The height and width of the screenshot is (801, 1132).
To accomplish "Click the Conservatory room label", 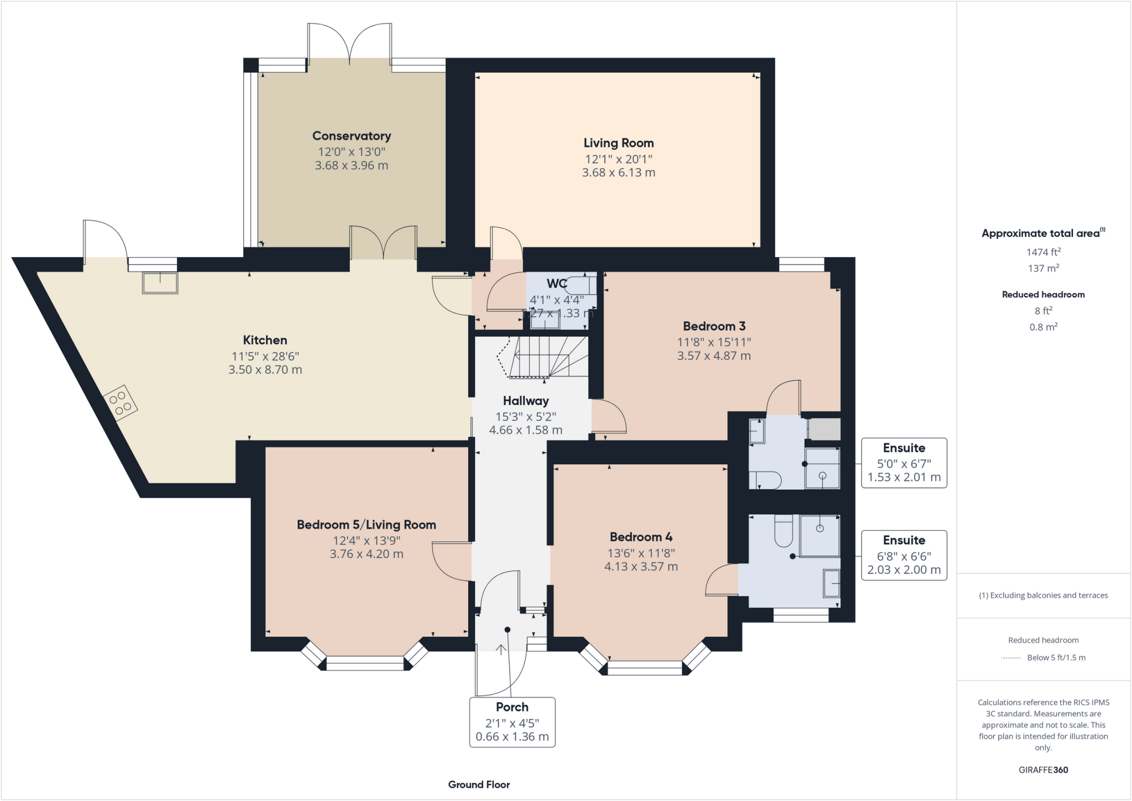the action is [x=352, y=136].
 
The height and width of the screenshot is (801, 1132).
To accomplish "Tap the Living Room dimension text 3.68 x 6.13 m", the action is [x=619, y=172].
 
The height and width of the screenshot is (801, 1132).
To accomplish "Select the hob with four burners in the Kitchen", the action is [x=120, y=402].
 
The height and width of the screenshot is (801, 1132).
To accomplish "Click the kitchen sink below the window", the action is [x=160, y=282].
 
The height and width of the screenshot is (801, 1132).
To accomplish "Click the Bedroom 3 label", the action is [x=714, y=326].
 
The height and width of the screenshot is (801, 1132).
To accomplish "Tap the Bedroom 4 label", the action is [x=641, y=537].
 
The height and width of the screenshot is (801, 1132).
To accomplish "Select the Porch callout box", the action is [x=512, y=723].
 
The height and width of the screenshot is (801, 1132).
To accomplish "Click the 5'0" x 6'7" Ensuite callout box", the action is [x=904, y=463].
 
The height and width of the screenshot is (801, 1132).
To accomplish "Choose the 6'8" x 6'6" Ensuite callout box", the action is [x=904, y=556].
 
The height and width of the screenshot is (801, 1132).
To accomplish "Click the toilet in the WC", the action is [x=580, y=285].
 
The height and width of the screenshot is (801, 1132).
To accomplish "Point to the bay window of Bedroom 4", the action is [x=645, y=660].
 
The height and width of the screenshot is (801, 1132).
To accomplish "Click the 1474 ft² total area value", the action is [x=1044, y=252].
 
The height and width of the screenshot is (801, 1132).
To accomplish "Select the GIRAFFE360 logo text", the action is [x=1044, y=769].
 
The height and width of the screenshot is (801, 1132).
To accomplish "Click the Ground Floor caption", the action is [x=479, y=784].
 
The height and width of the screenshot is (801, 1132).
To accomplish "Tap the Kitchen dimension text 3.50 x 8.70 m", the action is [x=265, y=370].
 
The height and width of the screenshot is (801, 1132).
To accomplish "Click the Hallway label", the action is [x=526, y=401].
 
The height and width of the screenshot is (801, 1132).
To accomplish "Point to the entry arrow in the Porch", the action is [x=501, y=650].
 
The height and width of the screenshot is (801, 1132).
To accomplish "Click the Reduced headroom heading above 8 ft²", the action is [x=1044, y=295].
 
